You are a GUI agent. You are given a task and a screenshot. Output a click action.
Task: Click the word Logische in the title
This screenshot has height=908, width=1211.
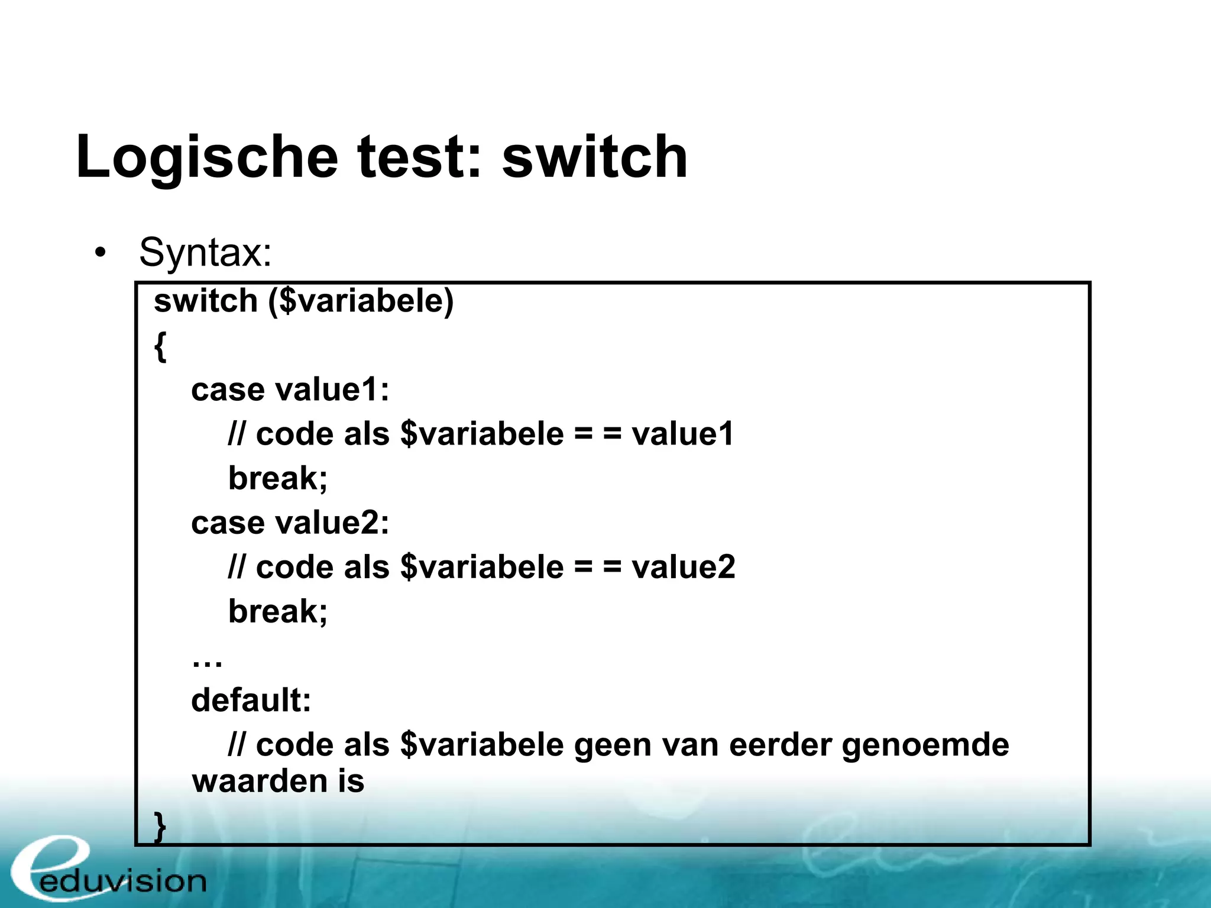click(207, 157)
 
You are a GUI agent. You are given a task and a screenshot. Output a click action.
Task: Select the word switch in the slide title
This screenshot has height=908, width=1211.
click(594, 157)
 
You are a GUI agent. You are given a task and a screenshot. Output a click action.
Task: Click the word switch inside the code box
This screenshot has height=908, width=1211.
click(205, 301)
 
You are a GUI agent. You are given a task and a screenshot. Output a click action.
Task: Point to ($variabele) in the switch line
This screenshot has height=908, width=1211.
click(361, 301)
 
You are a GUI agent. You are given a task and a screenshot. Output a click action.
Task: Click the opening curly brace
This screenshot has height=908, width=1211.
click(160, 346)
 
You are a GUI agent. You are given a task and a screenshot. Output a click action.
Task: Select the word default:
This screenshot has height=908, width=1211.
click(251, 701)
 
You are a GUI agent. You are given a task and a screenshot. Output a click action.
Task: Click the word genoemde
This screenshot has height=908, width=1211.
click(925, 745)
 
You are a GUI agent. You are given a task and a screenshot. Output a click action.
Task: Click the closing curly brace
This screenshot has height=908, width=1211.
click(160, 826)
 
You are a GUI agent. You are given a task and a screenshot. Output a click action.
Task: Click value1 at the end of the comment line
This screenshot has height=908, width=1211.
click(683, 434)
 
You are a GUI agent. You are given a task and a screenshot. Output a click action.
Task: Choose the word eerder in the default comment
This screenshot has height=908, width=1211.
click(781, 745)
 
